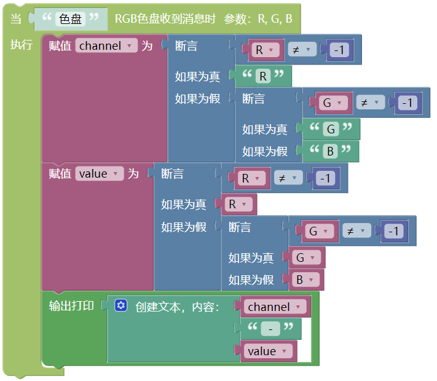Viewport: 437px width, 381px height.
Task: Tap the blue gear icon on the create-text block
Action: [x=120, y=305]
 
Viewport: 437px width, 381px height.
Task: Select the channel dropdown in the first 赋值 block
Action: [x=106, y=45]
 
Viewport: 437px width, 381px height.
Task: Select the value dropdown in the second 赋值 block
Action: [x=100, y=174]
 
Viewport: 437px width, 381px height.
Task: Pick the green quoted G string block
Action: [x=330, y=129]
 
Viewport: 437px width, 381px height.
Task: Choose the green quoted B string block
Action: [x=330, y=151]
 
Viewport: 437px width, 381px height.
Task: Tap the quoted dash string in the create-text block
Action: [x=270, y=329]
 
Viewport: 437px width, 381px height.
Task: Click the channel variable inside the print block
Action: [x=272, y=307]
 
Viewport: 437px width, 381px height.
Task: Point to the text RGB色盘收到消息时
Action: [x=165, y=19]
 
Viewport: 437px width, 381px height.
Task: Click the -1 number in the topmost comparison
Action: [x=339, y=50]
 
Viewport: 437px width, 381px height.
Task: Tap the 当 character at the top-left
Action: [x=16, y=19]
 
